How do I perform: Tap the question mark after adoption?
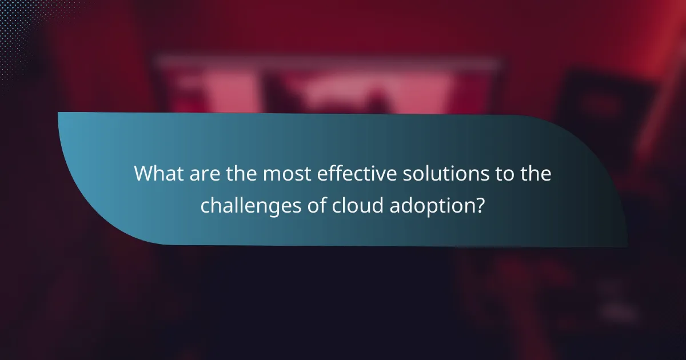tap(480, 205)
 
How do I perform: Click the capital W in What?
tap(144, 174)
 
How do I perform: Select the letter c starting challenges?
tap(205, 206)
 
